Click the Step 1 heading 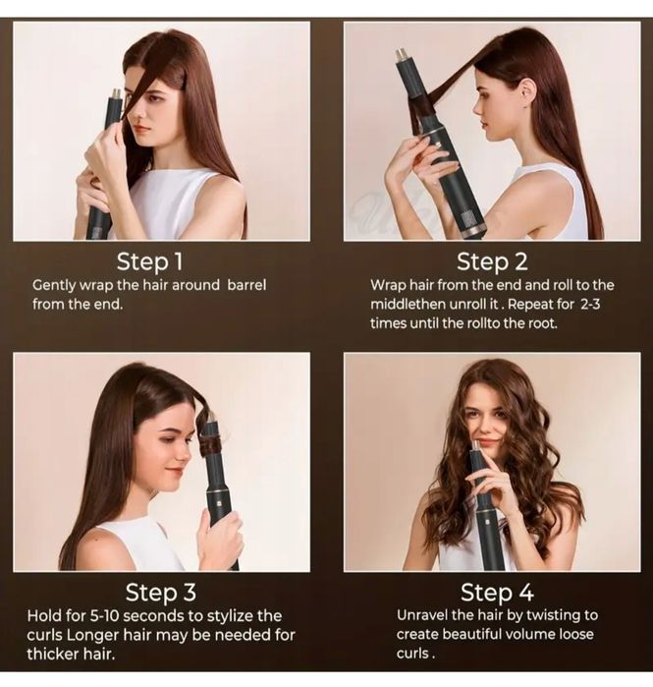[149, 262]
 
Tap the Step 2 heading [492, 262]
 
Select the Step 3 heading [161, 593]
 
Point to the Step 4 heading [497, 593]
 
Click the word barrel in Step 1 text [246, 285]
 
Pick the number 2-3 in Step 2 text [590, 304]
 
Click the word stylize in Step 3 [230, 616]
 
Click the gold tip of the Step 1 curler [117, 94]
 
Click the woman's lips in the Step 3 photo [175, 472]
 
